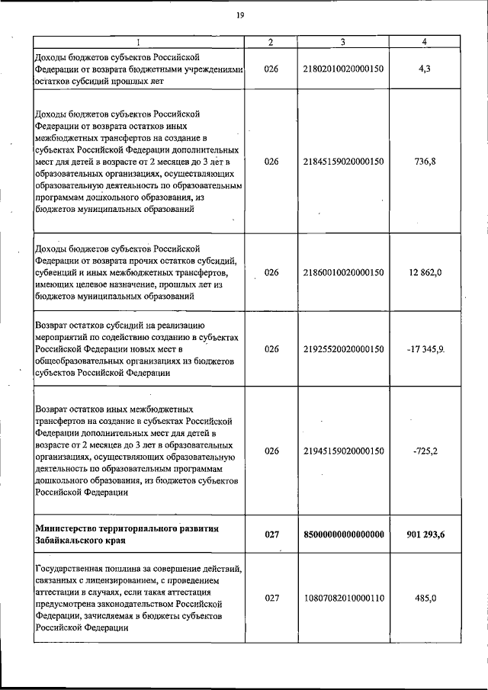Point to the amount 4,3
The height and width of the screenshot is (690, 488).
click(x=425, y=69)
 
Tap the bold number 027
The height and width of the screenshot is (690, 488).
click(x=272, y=534)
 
